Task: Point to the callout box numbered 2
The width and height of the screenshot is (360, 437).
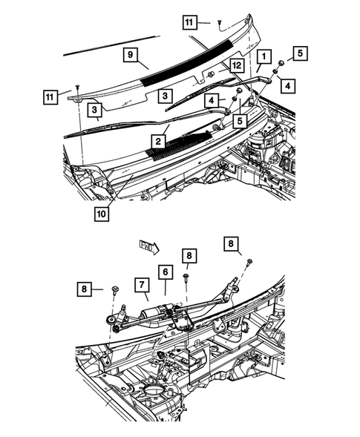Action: [157, 139]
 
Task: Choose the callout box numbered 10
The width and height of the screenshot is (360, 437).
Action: [100, 214]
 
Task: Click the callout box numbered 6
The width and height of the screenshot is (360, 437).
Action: [164, 274]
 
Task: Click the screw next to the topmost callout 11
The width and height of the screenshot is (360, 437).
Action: [220, 23]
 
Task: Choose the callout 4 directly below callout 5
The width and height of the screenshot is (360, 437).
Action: [287, 85]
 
